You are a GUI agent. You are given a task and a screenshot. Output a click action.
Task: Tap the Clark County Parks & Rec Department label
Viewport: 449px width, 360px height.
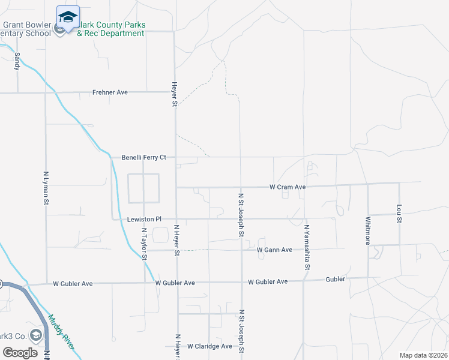tap(111, 29)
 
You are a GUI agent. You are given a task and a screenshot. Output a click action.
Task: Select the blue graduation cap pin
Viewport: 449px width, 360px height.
tap(68, 17)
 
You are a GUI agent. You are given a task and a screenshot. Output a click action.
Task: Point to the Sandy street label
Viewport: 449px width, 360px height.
tap(17, 61)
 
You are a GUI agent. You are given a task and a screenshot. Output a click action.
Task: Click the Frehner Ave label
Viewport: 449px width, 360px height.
tap(110, 92)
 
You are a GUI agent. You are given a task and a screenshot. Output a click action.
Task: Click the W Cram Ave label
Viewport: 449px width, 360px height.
tap(288, 187)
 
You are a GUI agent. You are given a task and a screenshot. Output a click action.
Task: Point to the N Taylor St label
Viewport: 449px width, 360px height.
tap(144, 244)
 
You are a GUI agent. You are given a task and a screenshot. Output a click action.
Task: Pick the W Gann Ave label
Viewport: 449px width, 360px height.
tap(274, 250)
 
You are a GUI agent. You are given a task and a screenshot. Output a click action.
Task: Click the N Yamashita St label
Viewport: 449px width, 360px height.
tap(306, 244)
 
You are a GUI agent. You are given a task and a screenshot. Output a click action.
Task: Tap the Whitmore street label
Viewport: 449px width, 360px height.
tap(368, 230)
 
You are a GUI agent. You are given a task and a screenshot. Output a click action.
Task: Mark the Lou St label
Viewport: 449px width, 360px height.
tap(399, 214)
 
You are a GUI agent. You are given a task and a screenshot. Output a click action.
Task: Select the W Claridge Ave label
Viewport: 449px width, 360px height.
tap(209, 346)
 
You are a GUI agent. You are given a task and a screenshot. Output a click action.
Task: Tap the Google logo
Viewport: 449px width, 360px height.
tap(20, 352)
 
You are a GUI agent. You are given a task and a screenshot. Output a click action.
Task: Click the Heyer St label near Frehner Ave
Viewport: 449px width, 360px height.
tap(175, 95)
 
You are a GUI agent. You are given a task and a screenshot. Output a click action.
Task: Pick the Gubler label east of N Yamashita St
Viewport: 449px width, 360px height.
tap(335, 280)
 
